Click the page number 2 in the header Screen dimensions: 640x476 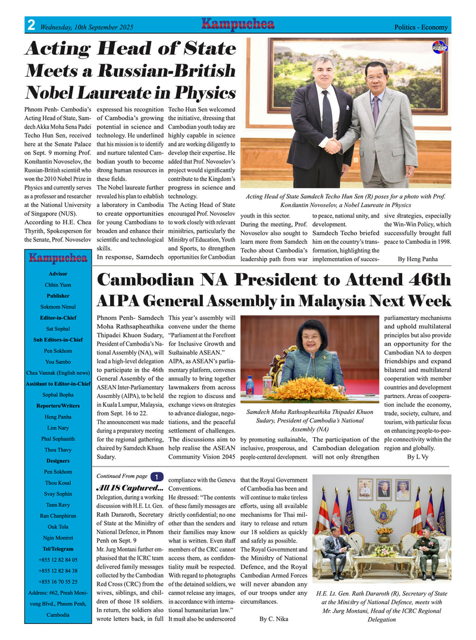pos(30,26)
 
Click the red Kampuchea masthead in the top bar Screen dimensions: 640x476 pos(237,24)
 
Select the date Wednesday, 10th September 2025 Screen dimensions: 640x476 pos(87,27)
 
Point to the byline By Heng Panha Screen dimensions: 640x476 pos(417,259)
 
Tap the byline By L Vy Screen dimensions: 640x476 pos(419,457)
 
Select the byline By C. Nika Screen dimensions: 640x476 pos(274,619)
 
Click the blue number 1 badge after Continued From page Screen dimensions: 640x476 pos(155,476)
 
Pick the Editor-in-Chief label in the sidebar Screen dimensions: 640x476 pos(58,318)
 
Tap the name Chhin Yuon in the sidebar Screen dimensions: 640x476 pos(58,285)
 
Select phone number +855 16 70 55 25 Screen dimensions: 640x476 pos(58,582)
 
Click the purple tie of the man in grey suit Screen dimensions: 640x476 pos(375,109)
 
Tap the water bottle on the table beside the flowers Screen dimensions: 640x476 pos(249,387)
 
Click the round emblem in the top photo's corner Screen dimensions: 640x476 pos(439,47)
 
